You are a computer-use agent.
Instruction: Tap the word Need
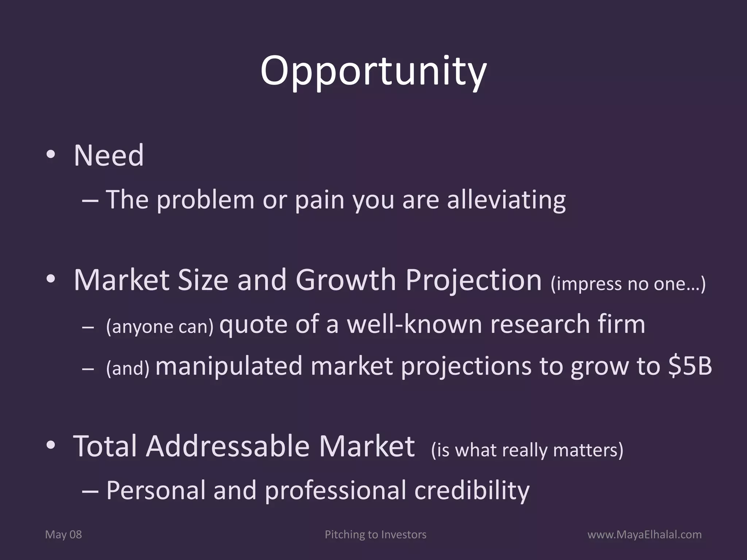pyautogui.click(x=109, y=156)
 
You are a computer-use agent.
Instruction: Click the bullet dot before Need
pyautogui.click(x=51, y=155)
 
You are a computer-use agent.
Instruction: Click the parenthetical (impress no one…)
pyautogui.click(x=628, y=284)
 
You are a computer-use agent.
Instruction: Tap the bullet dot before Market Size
pyautogui.click(x=51, y=279)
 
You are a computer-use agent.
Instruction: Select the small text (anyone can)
pyautogui.click(x=159, y=326)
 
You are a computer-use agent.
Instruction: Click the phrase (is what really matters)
pyautogui.click(x=527, y=450)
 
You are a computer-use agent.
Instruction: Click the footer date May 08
pyautogui.click(x=63, y=534)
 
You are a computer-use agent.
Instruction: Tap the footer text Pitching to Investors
pyautogui.click(x=375, y=534)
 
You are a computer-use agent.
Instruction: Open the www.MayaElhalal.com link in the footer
pyautogui.click(x=644, y=534)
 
